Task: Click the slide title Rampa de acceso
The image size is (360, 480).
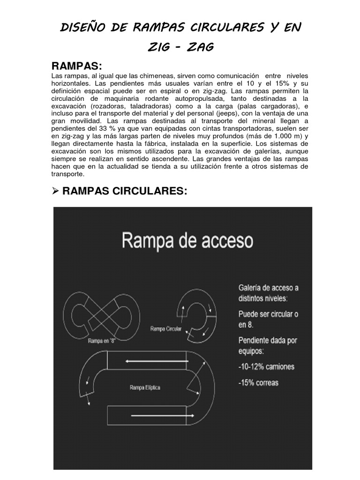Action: tap(187, 240)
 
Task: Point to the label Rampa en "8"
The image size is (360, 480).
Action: tap(101, 341)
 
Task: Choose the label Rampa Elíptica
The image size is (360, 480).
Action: tap(144, 387)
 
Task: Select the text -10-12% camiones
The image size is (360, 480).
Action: tap(266, 366)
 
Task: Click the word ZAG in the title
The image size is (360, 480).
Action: tap(199, 47)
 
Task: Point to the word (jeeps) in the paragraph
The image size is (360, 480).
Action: tap(225, 113)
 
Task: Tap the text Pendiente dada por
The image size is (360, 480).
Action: tap(268, 340)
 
